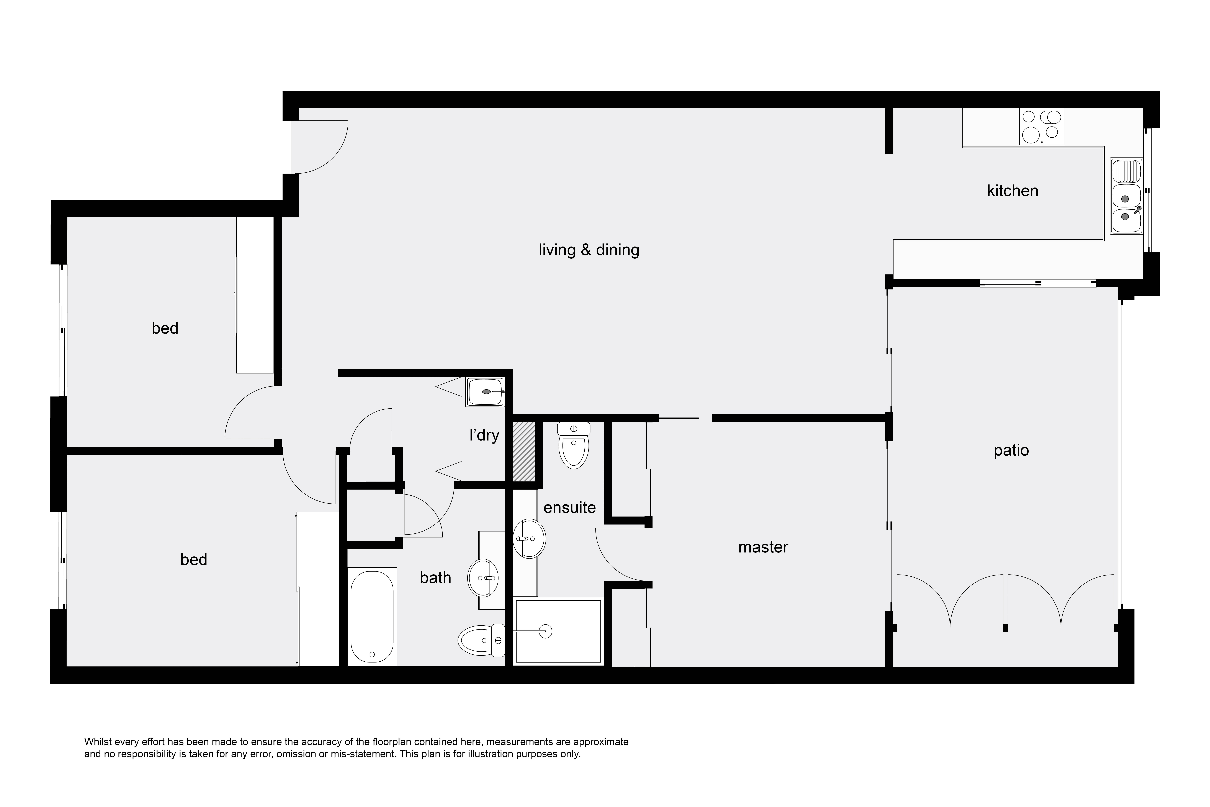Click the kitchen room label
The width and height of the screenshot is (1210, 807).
click(1012, 191)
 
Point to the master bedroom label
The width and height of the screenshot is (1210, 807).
click(763, 547)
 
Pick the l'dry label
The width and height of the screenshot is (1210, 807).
click(484, 435)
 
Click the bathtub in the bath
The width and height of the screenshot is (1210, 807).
click(372, 617)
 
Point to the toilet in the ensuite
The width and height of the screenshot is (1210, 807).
click(574, 445)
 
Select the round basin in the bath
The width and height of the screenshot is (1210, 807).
click(484, 578)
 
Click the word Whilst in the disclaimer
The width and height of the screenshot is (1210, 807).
click(97, 742)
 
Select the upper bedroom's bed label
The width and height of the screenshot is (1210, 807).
click(165, 328)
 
